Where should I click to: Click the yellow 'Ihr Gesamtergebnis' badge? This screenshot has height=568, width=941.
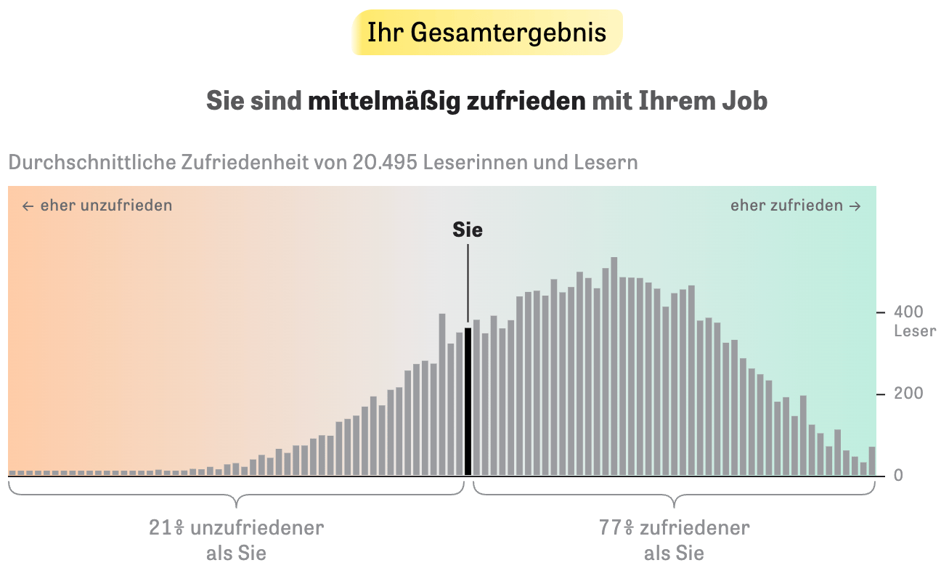tap(486, 33)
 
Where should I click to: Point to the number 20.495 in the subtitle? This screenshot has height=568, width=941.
tap(384, 162)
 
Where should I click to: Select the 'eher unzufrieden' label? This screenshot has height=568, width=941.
tap(106, 206)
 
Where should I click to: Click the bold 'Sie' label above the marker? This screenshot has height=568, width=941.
tap(468, 230)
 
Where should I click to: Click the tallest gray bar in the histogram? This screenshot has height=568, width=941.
tap(614, 366)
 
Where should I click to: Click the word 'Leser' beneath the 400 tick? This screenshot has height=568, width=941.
tap(915, 332)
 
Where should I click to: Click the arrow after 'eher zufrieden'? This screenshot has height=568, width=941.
tap(855, 206)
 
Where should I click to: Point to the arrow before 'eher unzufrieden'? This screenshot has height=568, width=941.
tap(28, 206)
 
